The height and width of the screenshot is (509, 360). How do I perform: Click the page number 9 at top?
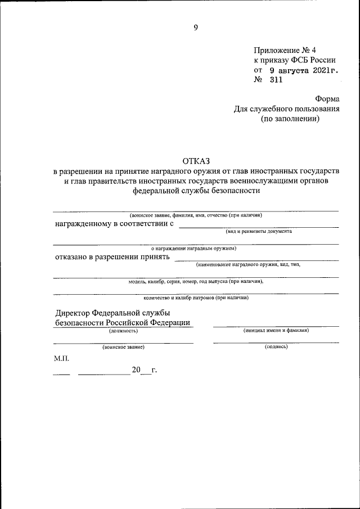[196, 26]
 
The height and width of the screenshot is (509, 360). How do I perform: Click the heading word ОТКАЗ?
[195, 161]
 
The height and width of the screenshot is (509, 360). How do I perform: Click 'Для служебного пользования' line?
[286, 109]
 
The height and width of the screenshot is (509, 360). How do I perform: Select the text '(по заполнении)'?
[290, 119]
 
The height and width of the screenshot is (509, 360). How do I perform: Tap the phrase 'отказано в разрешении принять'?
[112, 257]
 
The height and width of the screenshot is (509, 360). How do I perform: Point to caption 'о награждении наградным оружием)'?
[194, 248]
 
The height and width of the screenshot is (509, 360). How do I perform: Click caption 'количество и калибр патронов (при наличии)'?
[196, 298]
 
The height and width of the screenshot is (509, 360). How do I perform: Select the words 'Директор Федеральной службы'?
[112, 313]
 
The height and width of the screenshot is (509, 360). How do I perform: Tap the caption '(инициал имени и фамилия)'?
[276, 331]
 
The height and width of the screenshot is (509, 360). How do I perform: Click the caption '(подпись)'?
[276, 347]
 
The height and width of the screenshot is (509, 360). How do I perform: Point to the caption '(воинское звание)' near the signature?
[123, 348]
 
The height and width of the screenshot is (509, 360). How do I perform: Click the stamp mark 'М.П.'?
[62, 358]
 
